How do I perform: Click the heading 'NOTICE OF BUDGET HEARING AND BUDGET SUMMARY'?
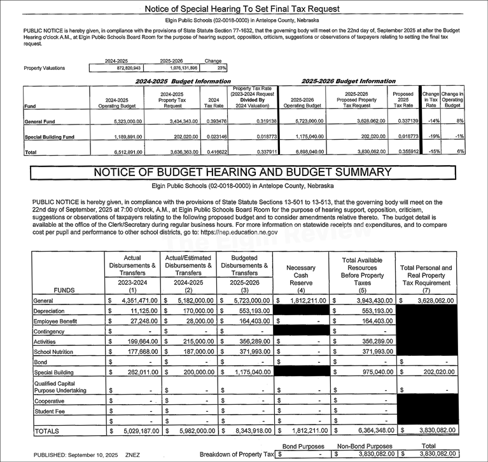[x=242, y=172]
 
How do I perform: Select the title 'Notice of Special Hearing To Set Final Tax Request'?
[x=242, y=9]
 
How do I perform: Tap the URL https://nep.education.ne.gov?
[x=238, y=233]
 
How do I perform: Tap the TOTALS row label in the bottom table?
[x=46, y=431]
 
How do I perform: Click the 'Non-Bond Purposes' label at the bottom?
[x=365, y=447]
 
